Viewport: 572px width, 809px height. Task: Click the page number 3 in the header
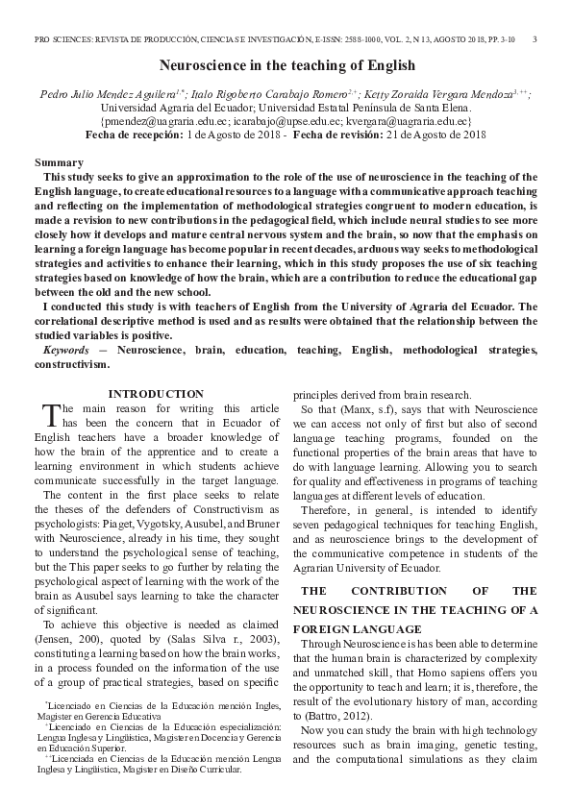[x=534, y=39]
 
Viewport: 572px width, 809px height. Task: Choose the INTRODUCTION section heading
[x=156, y=394]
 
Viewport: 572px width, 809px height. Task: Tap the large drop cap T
[x=52, y=415]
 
